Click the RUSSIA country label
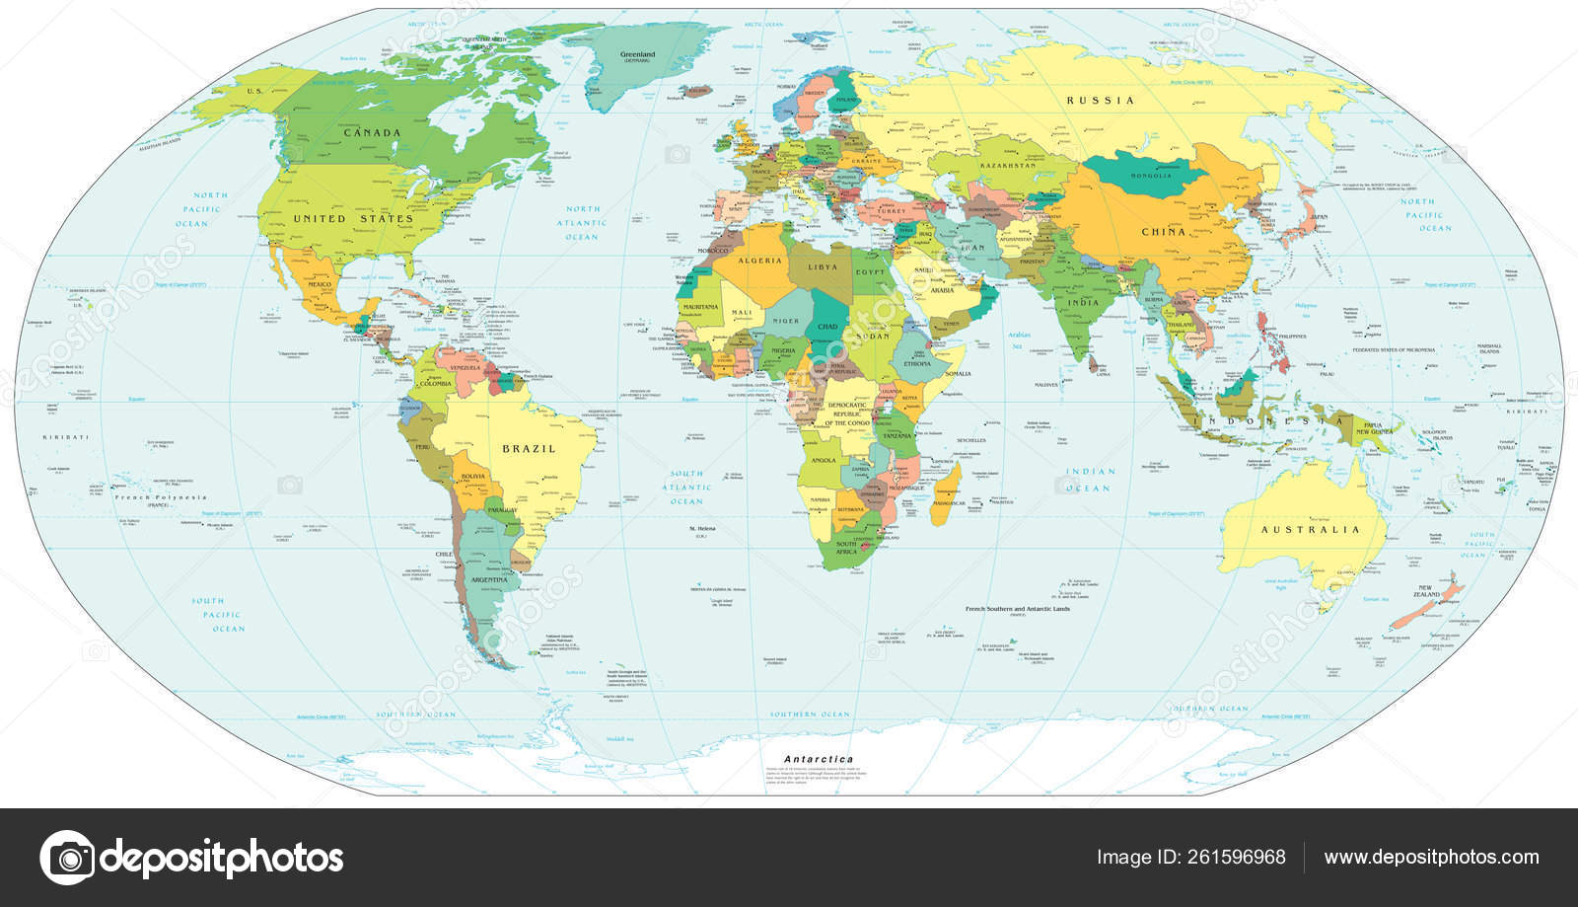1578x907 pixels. (x=1101, y=100)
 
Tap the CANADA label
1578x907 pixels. (x=372, y=132)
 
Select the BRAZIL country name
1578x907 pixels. (x=529, y=449)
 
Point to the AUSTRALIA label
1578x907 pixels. (x=1310, y=530)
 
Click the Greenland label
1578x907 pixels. (x=637, y=55)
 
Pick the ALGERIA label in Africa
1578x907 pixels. (x=759, y=261)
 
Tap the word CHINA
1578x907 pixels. (x=1164, y=232)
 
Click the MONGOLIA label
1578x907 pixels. (x=1151, y=176)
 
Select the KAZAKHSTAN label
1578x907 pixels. (x=1006, y=166)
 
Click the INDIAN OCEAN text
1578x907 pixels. (x=1089, y=480)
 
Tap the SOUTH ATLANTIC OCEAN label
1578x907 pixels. (x=687, y=488)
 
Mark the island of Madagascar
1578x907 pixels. (x=946, y=493)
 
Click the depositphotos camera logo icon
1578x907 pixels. (x=67, y=857)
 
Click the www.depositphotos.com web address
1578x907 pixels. (x=1431, y=857)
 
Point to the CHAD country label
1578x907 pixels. (x=827, y=327)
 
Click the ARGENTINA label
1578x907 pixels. (x=488, y=579)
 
